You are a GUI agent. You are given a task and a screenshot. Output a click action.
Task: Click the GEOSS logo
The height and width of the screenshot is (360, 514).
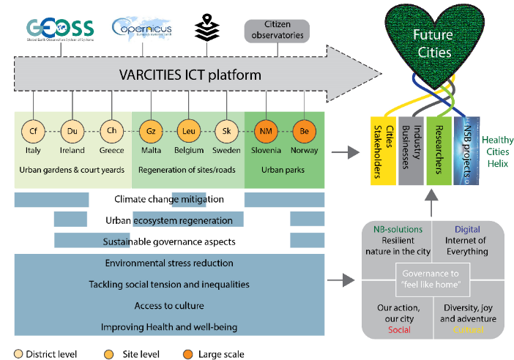coord(60,29)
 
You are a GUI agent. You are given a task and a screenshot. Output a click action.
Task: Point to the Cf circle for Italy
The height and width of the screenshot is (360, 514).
coord(32,131)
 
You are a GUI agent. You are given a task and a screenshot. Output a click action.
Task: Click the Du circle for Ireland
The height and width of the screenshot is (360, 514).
coord(72,131)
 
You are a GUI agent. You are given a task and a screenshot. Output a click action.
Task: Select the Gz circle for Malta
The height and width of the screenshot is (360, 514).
coord(151,131)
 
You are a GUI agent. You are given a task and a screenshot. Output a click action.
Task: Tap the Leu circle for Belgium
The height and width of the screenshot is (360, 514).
coord(189,131)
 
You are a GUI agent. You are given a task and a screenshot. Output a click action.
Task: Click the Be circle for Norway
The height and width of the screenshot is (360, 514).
coord(303,131)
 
